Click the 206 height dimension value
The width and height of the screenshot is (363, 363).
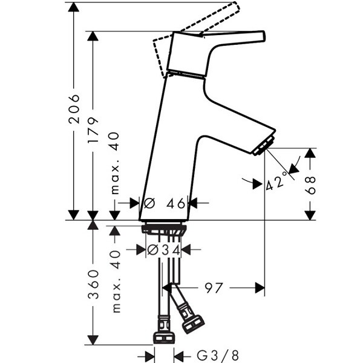coord(74,109)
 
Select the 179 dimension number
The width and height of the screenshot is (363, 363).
coord(93,130)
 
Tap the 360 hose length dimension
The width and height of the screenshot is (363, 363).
coord(94,284)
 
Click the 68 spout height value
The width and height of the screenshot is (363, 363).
coord(310,185)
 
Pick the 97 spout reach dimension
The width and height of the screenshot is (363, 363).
coord(214,288)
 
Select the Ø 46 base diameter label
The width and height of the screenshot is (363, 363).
coord(165,203)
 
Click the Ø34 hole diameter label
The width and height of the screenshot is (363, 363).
coord(164,250)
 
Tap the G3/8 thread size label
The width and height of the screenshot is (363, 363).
coord(218,355)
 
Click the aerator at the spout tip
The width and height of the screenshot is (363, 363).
coord(263,146)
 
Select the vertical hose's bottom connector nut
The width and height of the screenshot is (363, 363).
coord(164,338)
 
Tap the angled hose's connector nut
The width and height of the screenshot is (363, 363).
coord(193,324)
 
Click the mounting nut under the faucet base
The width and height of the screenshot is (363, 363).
coord(164,229)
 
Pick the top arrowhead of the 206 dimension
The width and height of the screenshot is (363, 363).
coord(74,7)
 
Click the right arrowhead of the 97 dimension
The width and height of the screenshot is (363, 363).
coord(260,288)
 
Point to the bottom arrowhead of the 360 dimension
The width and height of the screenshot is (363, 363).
coord(93,340)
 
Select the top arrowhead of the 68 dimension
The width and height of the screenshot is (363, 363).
coord(310,153)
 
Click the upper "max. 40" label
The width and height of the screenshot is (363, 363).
coord(115,163)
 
